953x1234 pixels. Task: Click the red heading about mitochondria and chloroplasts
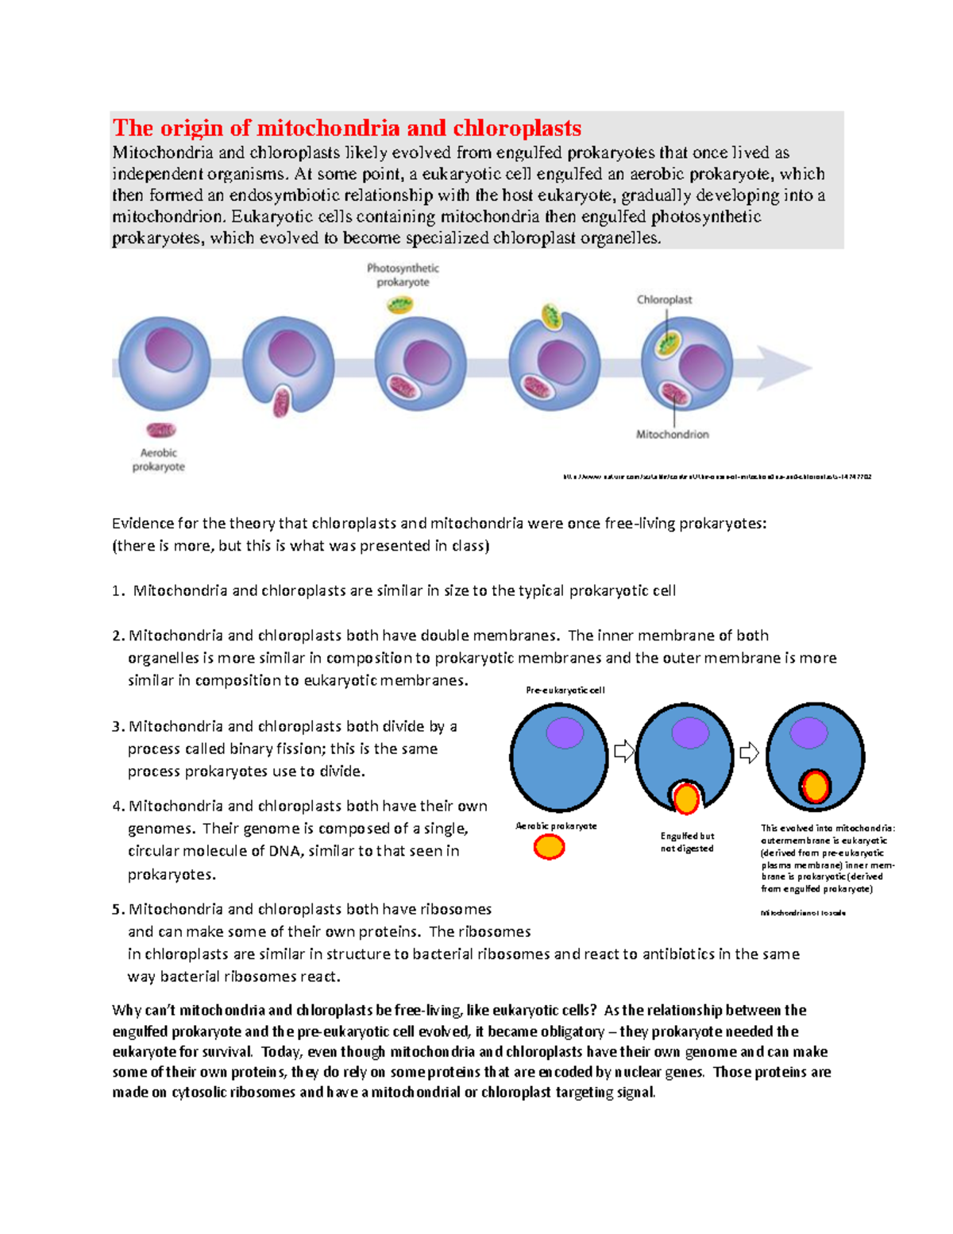point(347,128)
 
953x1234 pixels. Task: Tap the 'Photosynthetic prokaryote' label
point(403,275)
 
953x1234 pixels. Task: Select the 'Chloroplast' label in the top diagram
point(664,300)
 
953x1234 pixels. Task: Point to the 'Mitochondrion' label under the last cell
point(672,435)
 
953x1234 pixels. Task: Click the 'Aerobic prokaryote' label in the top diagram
point(159,459)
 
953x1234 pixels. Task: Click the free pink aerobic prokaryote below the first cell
point(161,430)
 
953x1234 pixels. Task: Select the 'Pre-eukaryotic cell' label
point(565,690)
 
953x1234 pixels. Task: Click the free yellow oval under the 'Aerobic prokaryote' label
point(549,847)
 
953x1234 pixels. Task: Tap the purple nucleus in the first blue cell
point(565,733)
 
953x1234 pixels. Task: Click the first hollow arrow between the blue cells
point(623,751)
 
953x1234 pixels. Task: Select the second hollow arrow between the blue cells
point(749,752)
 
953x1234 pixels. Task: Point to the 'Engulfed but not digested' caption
point(687,842)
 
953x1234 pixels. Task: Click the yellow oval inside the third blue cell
point(815,787)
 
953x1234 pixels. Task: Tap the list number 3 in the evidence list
point(118,726)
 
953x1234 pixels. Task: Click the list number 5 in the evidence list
point(118,909)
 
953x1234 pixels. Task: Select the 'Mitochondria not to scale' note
point(803,913)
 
